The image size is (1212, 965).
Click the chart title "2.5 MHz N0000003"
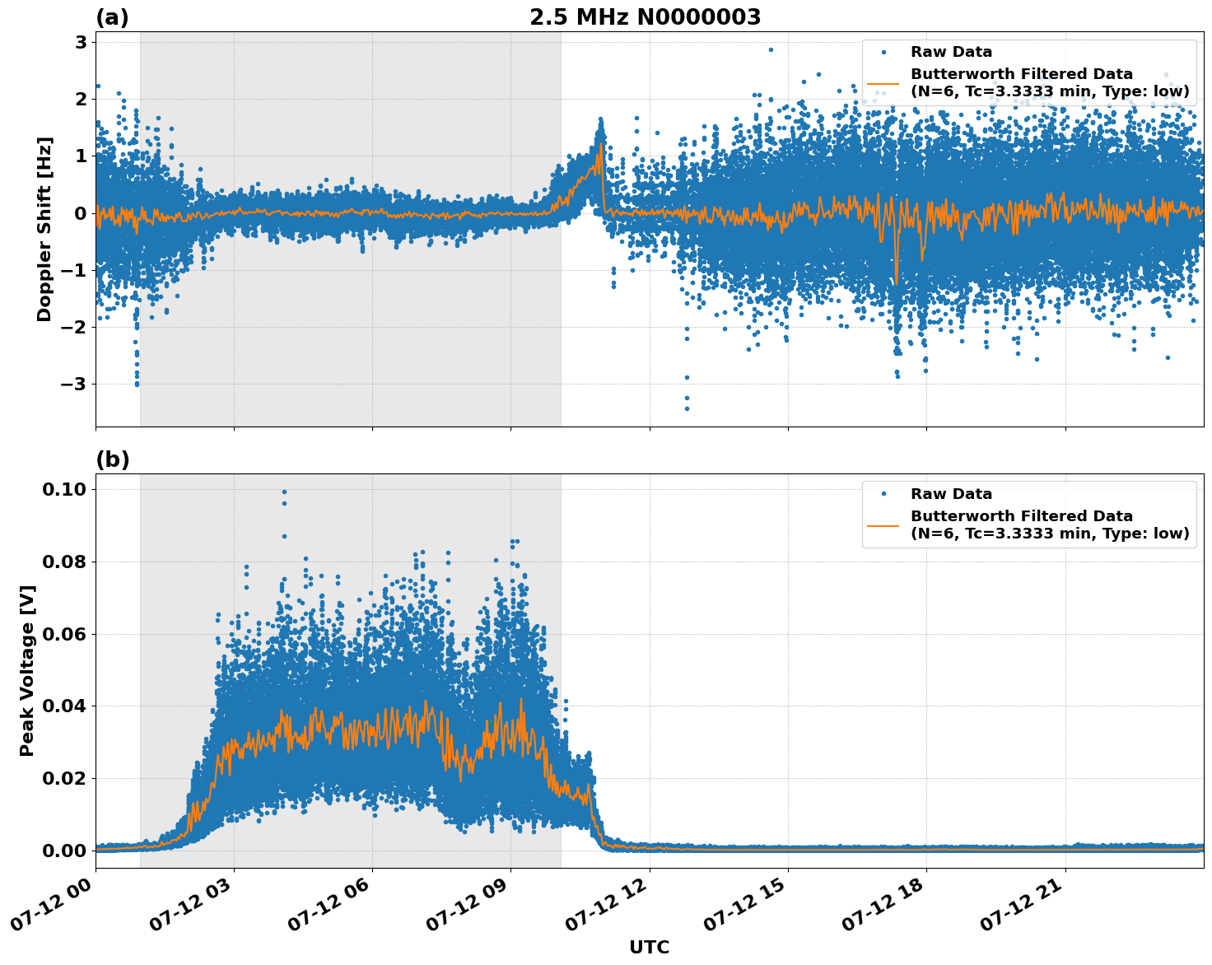pos(645,17)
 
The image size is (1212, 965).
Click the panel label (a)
pos(112,17)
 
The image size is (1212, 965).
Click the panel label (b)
pos(112,459)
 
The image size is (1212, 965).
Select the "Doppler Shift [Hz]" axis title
pos(44,229)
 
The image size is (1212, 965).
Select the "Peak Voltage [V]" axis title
pos(27,670)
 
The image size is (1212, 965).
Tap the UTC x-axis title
pos(649,947)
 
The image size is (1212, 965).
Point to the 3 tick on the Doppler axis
pos(81,42)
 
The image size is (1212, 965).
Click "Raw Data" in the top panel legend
pos(951,53)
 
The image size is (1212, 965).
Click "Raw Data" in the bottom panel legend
pos(951,494)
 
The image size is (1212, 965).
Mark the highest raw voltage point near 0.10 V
pos(284,492)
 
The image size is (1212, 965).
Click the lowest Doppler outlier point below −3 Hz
pos(687,408)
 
